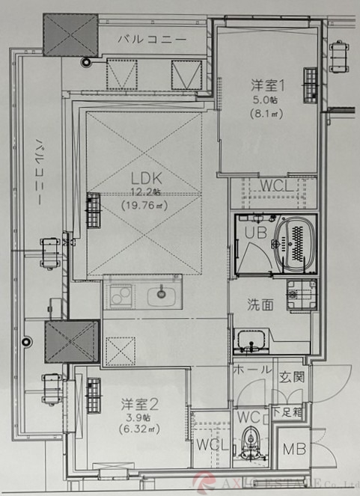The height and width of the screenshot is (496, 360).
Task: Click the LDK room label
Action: tap(147, 179)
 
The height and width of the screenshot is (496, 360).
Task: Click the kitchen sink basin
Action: tap(159, 295)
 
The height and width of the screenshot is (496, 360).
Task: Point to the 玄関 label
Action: tap(292, 377)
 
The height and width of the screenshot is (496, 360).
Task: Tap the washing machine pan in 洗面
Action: tap(302, 296)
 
